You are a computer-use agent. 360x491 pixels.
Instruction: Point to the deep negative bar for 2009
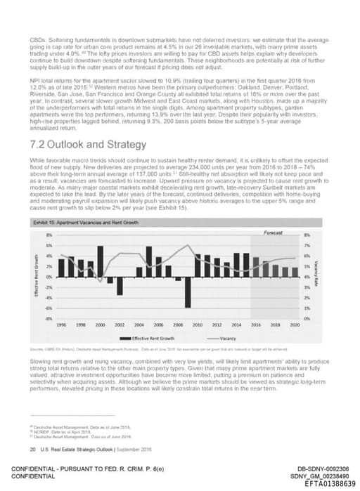(188, 298)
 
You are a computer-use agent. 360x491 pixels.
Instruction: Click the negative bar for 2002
(120, 286)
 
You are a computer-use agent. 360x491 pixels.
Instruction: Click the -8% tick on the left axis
(49, 318)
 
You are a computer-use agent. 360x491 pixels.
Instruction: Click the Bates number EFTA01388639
(323, 484)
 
